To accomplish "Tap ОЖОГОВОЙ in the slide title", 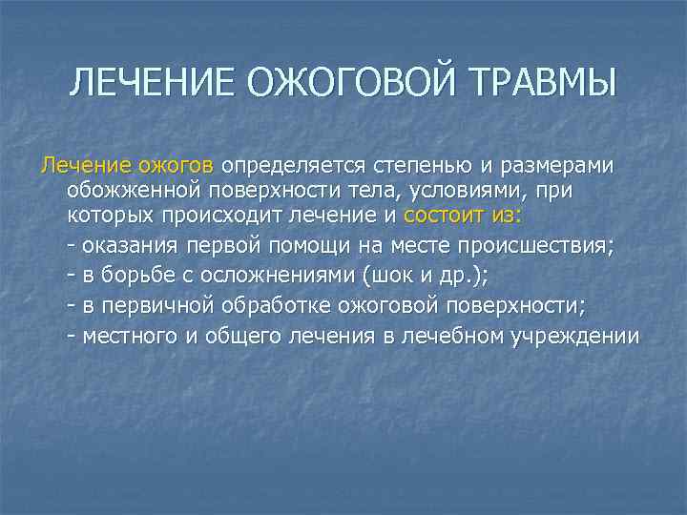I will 340,82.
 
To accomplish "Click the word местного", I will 134,337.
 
